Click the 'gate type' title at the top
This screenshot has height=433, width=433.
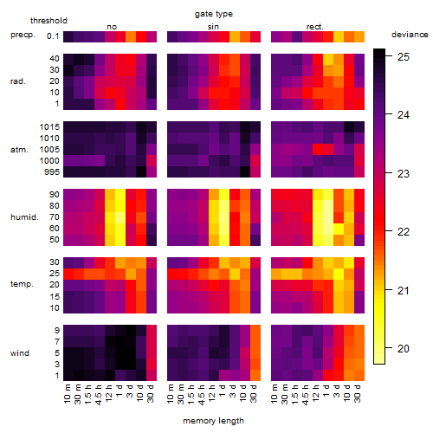tap(214, 14)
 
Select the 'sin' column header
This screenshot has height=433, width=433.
tap(213, 27)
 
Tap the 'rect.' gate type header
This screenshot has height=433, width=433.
tap(315, 27)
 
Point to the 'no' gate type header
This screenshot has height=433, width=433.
tap(112, 27)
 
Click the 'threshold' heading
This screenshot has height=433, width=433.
tap(48, 21)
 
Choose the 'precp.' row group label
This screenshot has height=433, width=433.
tap(23, 35)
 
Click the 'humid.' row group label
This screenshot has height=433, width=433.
tap(24, 217)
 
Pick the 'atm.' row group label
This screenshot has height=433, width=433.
tap(19, 150)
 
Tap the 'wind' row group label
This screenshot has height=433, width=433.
tap(20, 353)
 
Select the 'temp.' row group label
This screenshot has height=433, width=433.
tap(22, 284)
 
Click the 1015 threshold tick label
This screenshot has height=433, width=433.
tap(49, 127)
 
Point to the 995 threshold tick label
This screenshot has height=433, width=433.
tap(52, 172)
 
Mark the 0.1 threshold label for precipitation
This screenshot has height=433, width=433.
tap(53, 36)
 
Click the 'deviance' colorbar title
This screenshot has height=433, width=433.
tap(410, 35)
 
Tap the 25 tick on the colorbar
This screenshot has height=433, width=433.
tap(404, 57)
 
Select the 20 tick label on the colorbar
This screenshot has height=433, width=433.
tap(404, 349)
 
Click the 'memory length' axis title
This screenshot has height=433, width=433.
tap(214, 421)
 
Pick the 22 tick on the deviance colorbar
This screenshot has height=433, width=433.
tap(404, 232)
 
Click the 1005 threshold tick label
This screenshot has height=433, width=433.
tap(49, 150)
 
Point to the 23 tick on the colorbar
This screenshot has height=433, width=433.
tap(404, 174)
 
